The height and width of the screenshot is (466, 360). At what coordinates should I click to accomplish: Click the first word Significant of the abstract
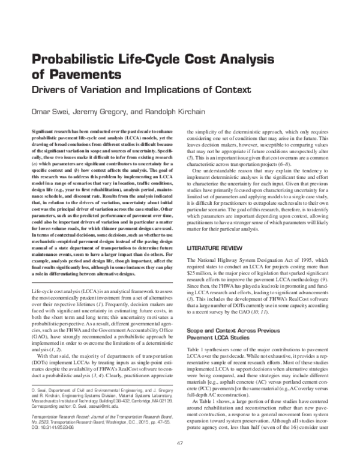click(43, 130)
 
